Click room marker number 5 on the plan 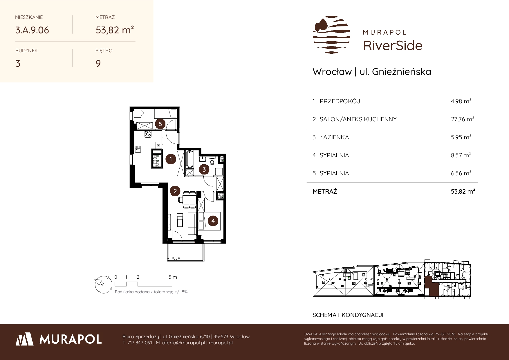[160, 124]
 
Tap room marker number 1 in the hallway [171, 159]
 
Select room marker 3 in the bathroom [204, 170]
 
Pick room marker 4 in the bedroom [213, 221]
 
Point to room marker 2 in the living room [175, 191]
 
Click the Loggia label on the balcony [175, 258]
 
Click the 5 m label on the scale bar [173, 277]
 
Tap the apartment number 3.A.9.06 [32, 30]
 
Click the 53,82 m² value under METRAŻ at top [115, 30]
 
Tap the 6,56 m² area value [461, 173]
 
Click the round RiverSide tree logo [331, 35]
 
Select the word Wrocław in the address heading [332, 72]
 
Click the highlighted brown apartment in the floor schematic [431, 287]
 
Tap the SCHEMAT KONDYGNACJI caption [348, 315]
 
